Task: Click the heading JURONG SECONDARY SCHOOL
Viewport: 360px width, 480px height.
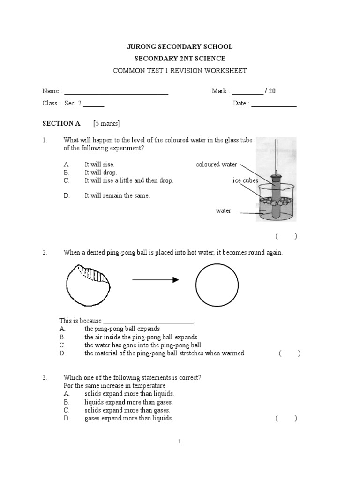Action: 180,47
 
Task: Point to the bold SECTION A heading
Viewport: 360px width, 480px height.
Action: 61,124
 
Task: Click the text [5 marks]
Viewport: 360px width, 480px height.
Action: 106,124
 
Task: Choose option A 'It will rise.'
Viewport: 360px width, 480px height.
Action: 99,165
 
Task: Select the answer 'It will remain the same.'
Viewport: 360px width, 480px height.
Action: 117,195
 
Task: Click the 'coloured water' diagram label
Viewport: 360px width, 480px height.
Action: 216,165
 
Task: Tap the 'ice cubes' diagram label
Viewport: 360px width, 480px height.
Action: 245,180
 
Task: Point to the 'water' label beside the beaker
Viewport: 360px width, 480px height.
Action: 223,211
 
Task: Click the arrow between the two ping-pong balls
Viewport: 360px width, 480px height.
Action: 156,280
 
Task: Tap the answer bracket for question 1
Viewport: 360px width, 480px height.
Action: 286,236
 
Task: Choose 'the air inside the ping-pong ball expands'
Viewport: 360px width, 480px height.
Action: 141,337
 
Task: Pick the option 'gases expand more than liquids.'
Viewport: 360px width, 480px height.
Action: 128,418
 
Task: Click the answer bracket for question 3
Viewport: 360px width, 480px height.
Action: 286,419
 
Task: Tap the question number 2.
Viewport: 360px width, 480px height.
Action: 45,253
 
